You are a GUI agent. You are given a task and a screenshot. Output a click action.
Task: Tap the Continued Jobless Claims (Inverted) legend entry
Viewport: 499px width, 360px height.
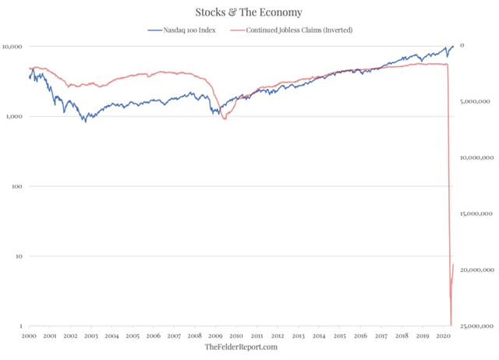pyautogui.click(x=293, y=30)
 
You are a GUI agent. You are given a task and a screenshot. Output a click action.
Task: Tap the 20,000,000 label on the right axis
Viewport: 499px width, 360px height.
pyautogui.click(x=475, y=270)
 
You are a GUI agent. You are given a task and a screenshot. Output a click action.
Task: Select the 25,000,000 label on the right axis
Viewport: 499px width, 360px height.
pyautogui.click(x=475, y=326)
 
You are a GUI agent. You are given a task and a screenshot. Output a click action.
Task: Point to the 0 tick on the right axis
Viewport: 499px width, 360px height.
pyautogui.click(x=462, y=46)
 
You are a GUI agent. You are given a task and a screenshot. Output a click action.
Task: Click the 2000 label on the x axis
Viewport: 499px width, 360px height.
pyautogui.click(x=29, y=336)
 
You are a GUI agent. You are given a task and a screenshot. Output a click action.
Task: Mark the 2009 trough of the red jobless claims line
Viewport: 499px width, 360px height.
pyautogui.click(x=225, y=118)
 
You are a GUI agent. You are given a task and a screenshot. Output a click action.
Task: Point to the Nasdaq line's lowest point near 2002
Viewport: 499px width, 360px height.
pyautogui.click(x=85, y=122)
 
